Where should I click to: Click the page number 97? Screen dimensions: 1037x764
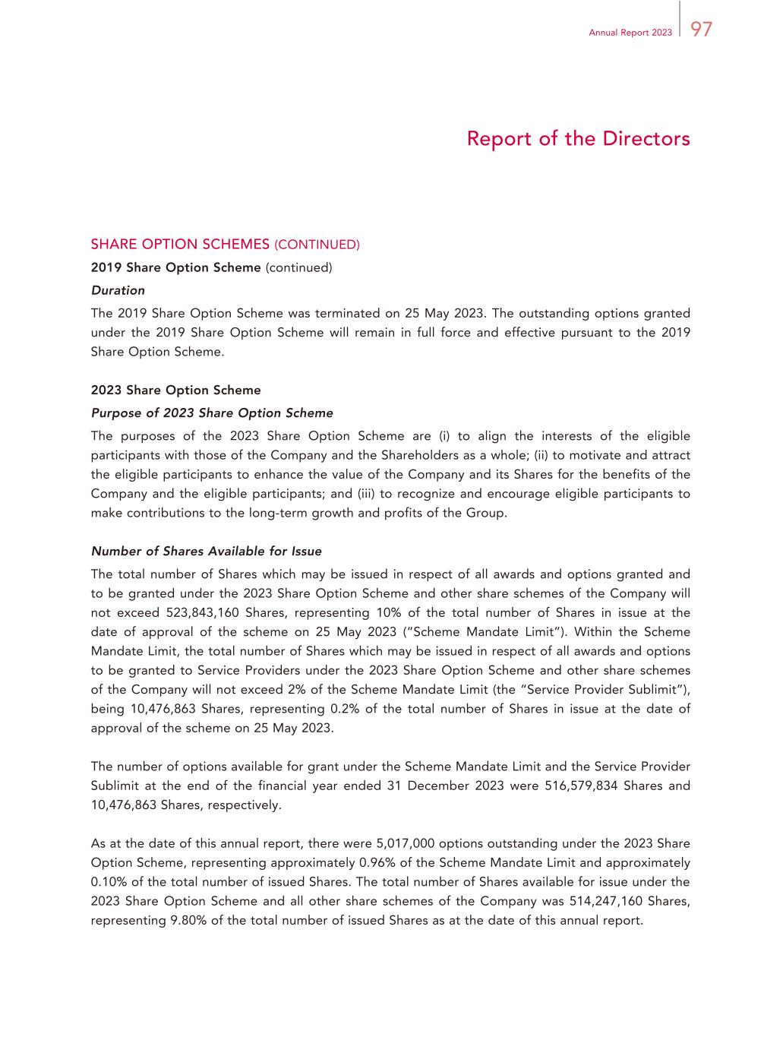tap(702, 29)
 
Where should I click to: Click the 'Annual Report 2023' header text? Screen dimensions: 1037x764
tap(630, 33)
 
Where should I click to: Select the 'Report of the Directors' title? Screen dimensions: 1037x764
tap(578, 139)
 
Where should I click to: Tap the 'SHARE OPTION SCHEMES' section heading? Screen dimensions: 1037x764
tap(180, 245)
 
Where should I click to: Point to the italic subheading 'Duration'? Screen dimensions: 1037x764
tap(118, 290)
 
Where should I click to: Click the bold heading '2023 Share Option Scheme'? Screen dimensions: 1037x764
tap(175, 390)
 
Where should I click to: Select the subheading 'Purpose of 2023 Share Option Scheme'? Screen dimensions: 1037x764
tap(212, 413)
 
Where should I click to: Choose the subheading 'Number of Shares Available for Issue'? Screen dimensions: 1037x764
tap(206, 552)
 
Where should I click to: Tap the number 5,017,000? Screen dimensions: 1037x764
tap(405, 844)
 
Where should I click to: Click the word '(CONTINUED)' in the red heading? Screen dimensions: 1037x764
tap(317, 245)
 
